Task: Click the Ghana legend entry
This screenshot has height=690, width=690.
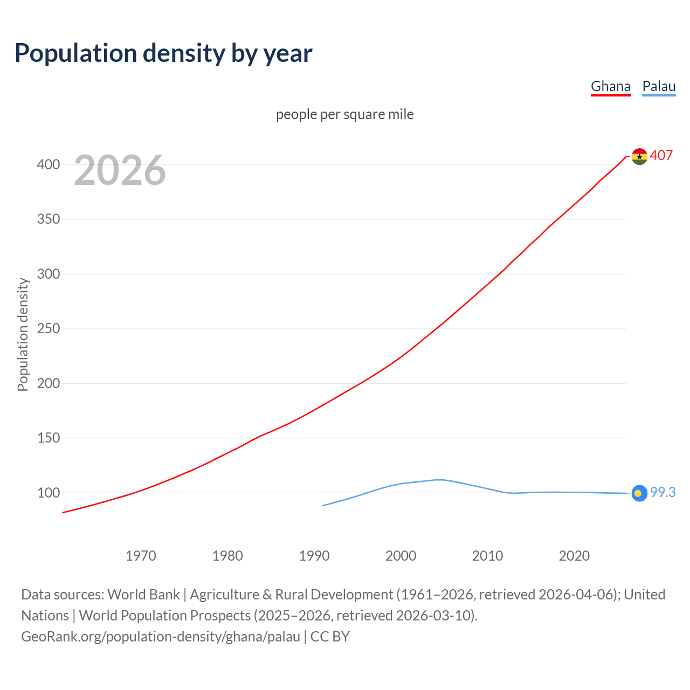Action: (610, 87)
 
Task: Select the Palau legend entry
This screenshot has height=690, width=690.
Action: (659, 87)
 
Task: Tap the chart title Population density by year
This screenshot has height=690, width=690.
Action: (163, 53)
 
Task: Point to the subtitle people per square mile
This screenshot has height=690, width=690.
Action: (344, 115)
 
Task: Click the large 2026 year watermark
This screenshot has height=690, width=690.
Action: (120, 170)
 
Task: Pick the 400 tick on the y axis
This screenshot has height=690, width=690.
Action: (49, 164)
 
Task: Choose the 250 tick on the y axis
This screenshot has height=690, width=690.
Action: (49, 328)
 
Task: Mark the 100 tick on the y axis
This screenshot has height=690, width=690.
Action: (49, 493)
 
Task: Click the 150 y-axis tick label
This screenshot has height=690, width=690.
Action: (49, 438)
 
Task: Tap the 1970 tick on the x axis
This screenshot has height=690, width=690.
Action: (141, 556)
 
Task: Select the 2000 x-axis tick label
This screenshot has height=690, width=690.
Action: (401, 556)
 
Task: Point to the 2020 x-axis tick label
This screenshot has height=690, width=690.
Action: (574, 556)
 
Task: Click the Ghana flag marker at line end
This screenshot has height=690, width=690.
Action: (639, 157)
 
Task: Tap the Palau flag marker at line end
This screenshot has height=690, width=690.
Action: (639, 493)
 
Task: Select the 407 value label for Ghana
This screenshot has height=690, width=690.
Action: (661, 155)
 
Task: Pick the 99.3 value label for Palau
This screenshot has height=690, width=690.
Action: (663, 492)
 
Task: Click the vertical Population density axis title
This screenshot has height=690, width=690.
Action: (23, 334)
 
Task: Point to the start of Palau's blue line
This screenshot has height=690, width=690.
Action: (323, 505)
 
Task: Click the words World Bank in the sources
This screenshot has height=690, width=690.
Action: (143, 595)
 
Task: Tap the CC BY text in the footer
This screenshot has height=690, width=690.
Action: (330, 637)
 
